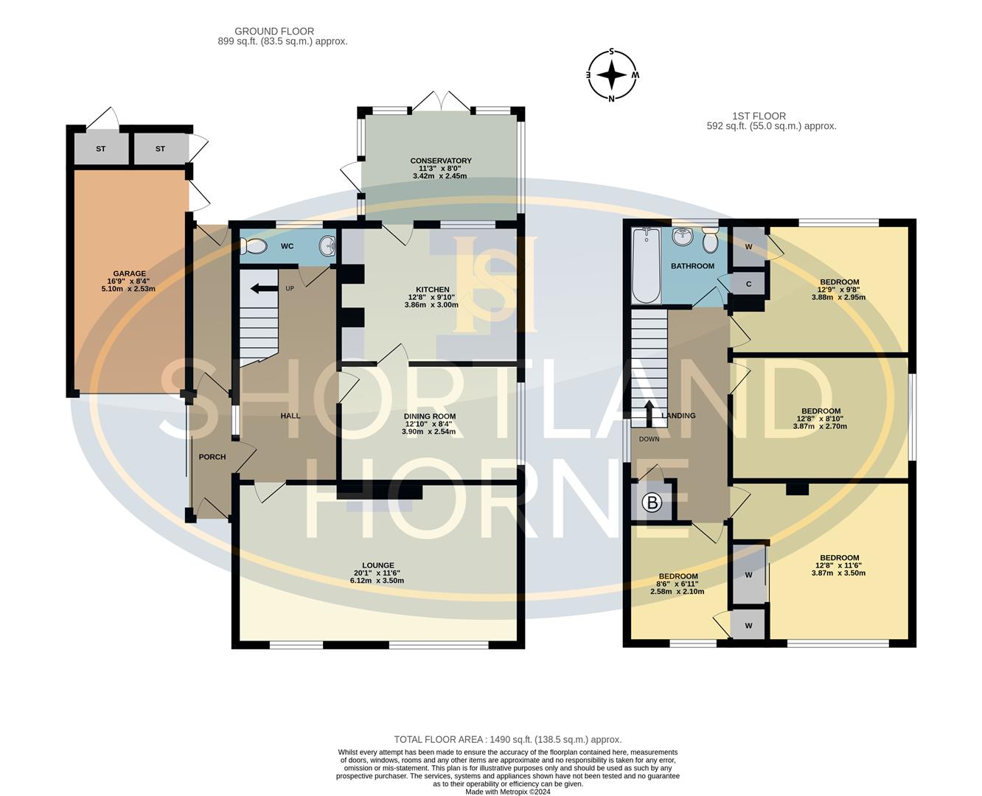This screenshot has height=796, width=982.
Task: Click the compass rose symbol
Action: click(x=611, y=75)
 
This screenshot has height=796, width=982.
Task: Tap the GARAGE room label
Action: click(x=129, y=273)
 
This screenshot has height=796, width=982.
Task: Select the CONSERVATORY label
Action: click(x=441, y=161)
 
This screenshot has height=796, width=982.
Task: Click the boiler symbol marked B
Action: click(x=652, y=503)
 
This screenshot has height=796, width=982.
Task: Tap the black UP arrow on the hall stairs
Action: click(x=260, y=288)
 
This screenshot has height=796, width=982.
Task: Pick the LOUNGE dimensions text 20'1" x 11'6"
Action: click(x=377, y=573)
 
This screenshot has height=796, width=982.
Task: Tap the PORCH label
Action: click(x=212, y=457)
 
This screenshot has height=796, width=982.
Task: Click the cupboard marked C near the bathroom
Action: click(x=748, y=284)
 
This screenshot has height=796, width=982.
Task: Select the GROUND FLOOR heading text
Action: click(x=274, y=31)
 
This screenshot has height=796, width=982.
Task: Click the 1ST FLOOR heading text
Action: click(x=759, y=116)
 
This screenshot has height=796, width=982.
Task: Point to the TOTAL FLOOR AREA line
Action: click(x=507, y=739)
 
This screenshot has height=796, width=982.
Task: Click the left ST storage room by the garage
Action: click(x=101, y=149)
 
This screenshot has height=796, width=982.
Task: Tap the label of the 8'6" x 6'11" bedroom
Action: click(x=678, y=576)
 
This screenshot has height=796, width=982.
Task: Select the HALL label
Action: click(x=290, y=416)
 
